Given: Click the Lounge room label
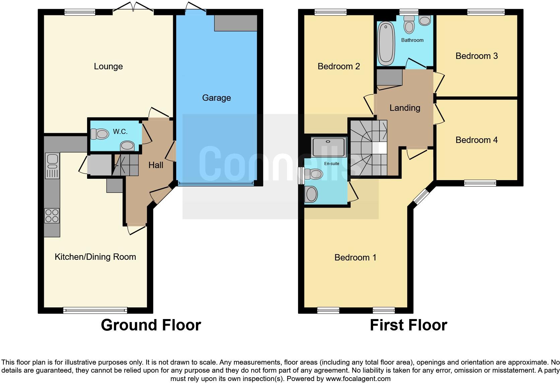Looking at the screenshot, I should pos(108,66).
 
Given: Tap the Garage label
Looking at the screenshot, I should pos(216,98).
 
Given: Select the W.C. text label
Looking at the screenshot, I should pos(120,132).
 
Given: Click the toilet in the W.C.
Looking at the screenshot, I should pos(99,134).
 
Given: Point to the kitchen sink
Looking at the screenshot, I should pos(52,161).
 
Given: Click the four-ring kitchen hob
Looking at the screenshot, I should pos(52,215).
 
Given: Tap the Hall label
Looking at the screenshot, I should pos(156,165).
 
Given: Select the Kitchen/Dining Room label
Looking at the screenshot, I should pos(95,257).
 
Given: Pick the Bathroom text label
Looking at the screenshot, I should pos(412,40).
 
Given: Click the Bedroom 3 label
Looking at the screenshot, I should pos(477,56).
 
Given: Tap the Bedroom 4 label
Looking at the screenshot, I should pos(477,140).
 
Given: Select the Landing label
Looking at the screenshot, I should pos(405,108).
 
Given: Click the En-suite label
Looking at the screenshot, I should pos(332,164).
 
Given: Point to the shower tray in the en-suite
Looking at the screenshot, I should pos(325,147).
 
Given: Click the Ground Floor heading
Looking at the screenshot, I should pos(151,325).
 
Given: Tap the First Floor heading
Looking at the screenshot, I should pos(408,325).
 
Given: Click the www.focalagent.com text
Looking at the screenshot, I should pos(358,379).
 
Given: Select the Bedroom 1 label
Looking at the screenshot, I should pos(355,257).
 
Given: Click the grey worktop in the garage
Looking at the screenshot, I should pos(235,23).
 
